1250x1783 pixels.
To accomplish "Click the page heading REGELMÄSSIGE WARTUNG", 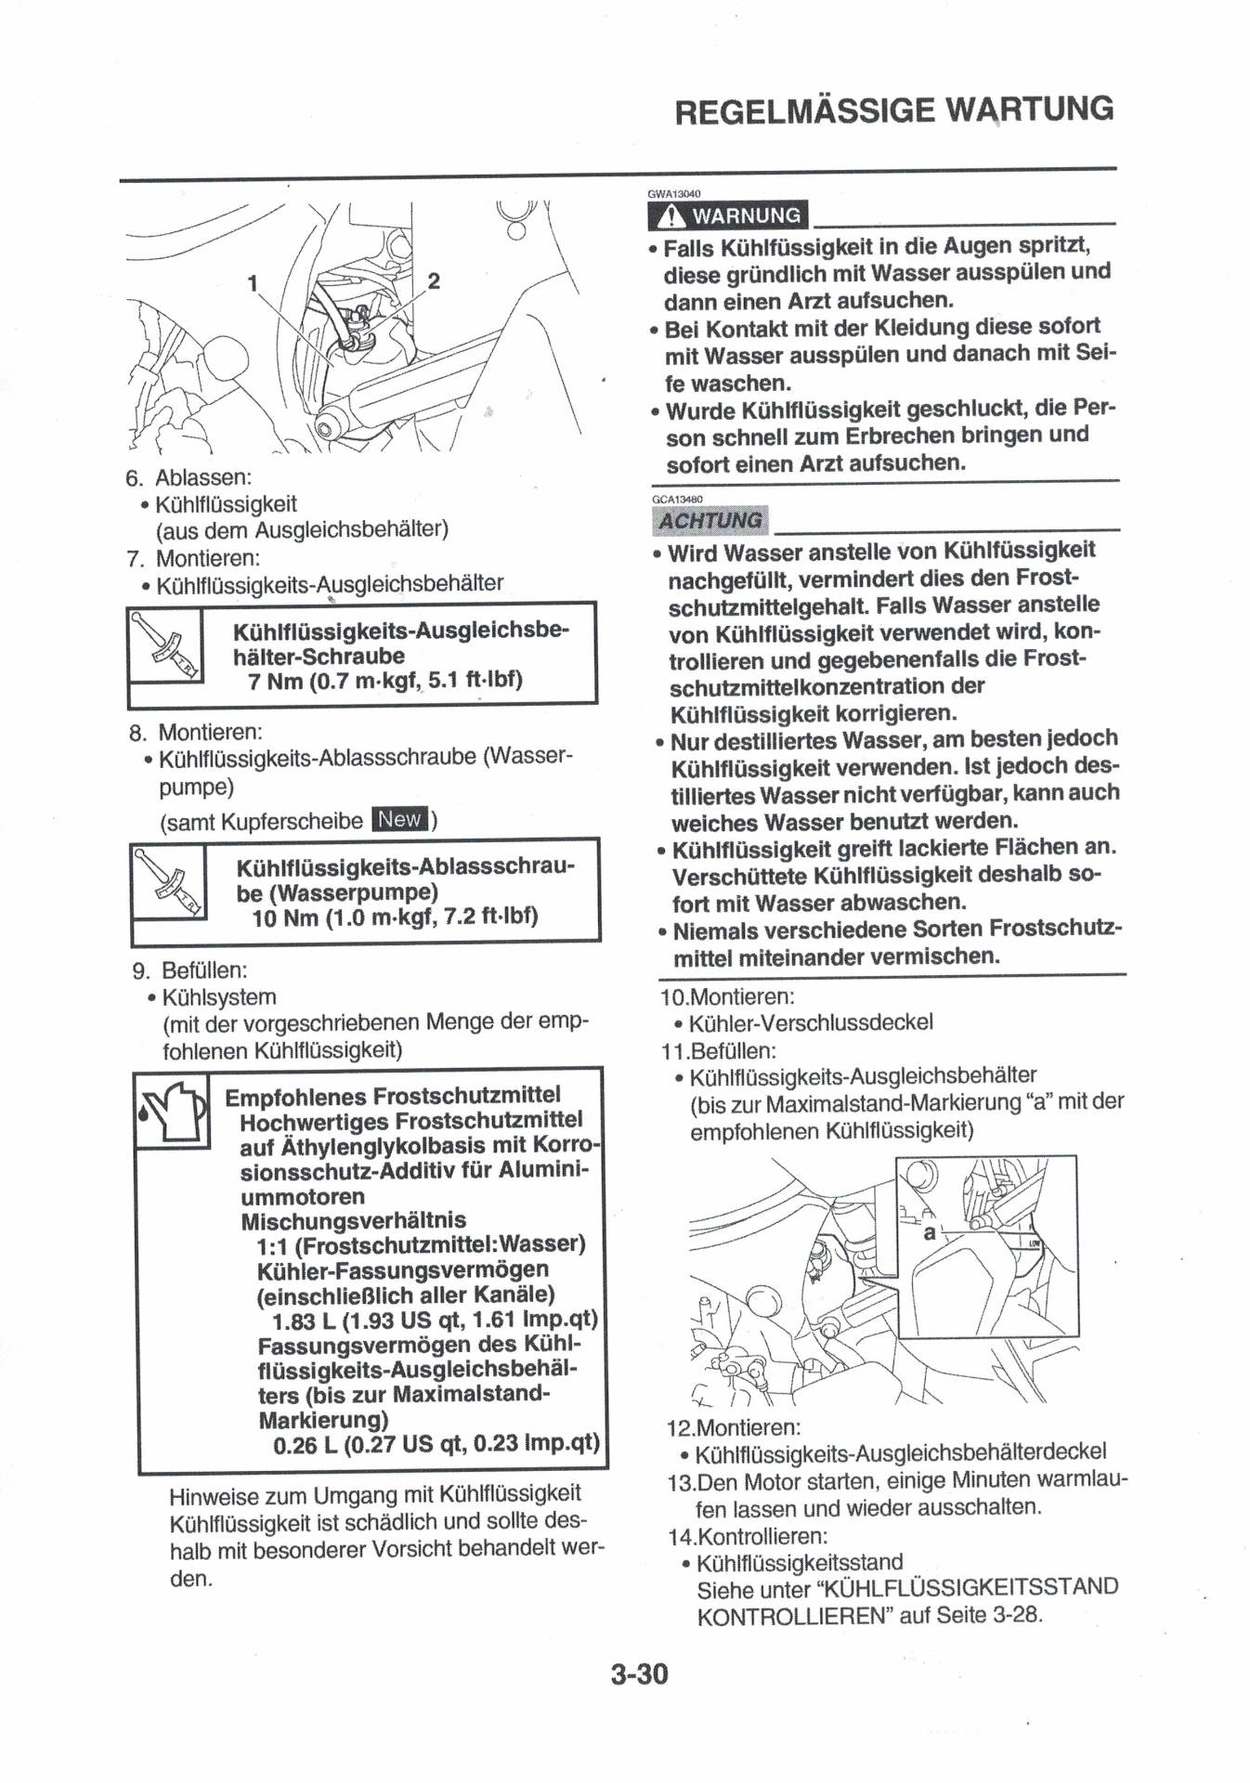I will click(x=893, y=110).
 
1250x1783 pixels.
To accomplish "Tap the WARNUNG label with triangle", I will click(x=728, y=215).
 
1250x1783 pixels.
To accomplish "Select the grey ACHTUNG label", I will click(x=710, y=521).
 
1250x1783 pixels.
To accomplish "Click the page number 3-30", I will click(x=639, y=1674).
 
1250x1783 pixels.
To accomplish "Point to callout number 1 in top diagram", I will click(x=252, y=283).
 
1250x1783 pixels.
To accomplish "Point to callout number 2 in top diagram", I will click(x=433, y=280).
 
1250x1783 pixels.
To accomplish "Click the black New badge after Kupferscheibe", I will click(x=399, y=819).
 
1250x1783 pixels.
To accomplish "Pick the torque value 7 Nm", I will click(x=275, y=682).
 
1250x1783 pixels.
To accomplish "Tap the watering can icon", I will click(x=171, y=1112).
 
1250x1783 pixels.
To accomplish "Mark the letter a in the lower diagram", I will click(x=930, y=1233).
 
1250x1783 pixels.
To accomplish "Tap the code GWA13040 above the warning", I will click(x=674, y=194).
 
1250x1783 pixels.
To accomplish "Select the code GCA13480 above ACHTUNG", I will click(x=677, y=499).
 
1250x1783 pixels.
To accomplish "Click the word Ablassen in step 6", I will click(x=202, y=478).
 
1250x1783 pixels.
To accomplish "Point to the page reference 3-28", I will click(x=1016, y=1615).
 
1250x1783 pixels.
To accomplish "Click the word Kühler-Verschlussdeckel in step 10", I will click(x=810, y=1022).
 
